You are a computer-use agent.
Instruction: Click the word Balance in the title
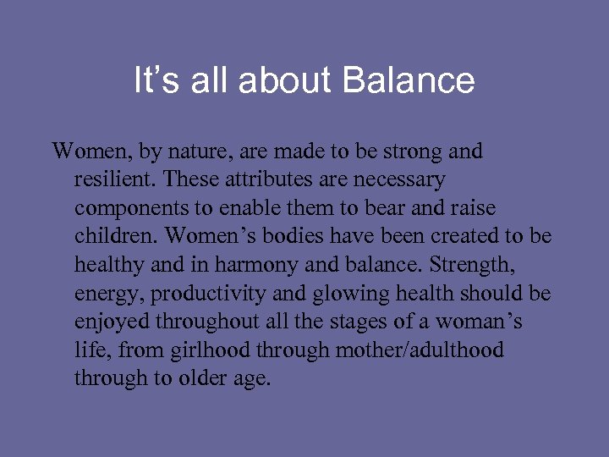tap(409, 81)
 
